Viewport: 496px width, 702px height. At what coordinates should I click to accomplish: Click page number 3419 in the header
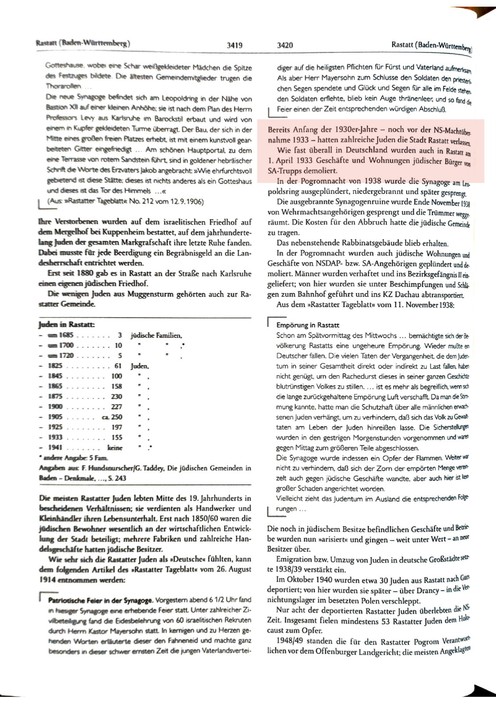(x=235, y=45)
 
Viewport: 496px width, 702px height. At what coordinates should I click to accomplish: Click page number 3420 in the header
(x=285, y=45)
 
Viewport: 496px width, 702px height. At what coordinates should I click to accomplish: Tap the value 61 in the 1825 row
(x=118, y=365)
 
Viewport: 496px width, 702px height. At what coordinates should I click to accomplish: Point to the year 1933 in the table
(x=55, y=437)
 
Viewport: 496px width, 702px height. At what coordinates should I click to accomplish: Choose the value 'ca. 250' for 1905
(x=112, y=417)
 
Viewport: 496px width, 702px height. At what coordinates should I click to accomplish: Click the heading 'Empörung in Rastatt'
(x=308, y=325)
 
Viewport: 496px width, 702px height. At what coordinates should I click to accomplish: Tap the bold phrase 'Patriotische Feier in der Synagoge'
(x=100, y=600)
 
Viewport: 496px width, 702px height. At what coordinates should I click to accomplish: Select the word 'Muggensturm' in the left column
(x=150, y=294)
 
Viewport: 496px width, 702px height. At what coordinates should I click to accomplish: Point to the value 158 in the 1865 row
(x=116, y=386)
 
